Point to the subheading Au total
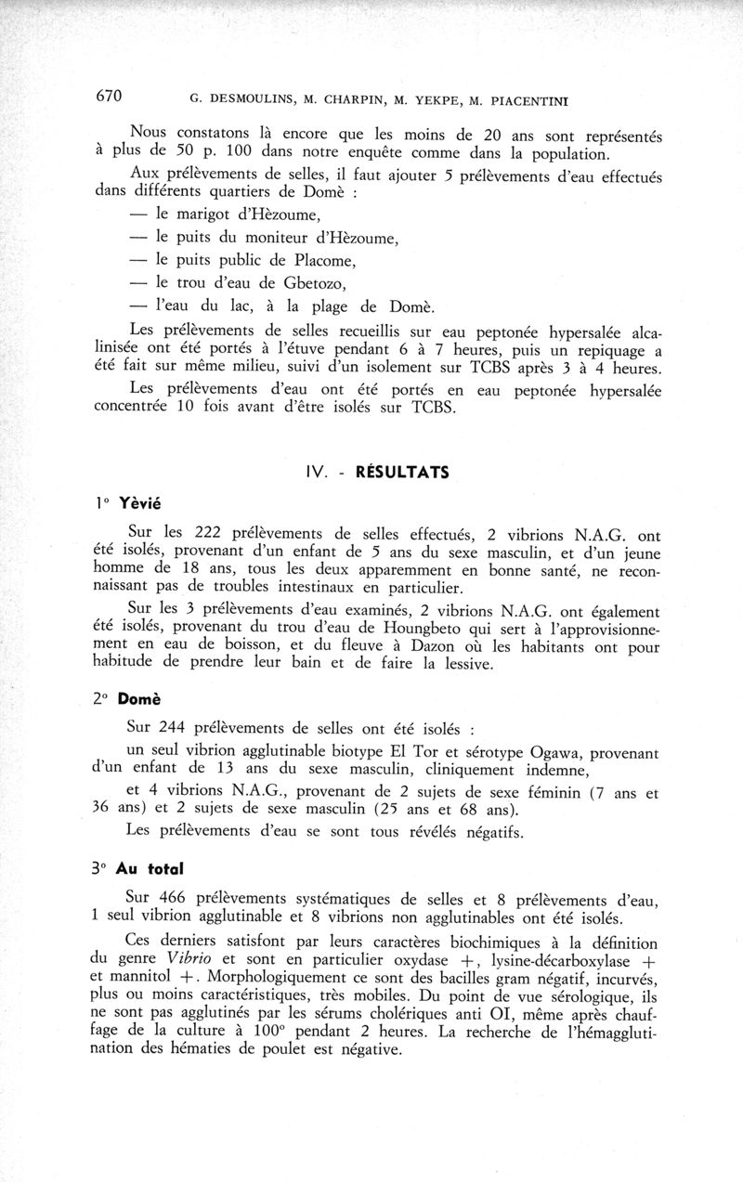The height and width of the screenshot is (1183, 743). tap(150, 869)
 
